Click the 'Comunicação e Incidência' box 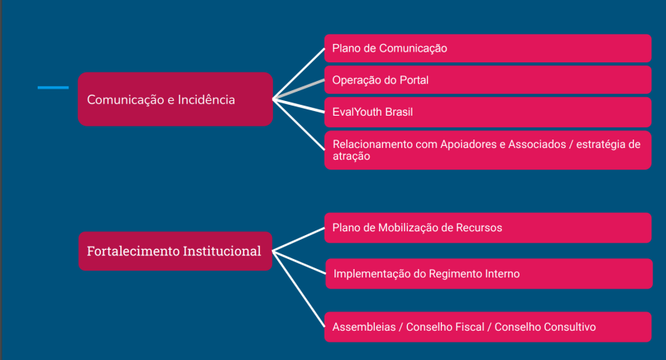[175, 99]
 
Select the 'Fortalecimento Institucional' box [175, 251]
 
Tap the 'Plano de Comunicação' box [488, 49]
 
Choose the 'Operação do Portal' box [488, 80]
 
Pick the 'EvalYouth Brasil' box [488, 112]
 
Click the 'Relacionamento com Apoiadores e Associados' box [488, 150]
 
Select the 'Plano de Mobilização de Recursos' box [488, 228]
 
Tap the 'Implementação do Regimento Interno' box [489, 274]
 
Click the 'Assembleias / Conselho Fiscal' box [488, 327]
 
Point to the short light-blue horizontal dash [53, 87]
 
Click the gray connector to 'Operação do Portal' [298, 89]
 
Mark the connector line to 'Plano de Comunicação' [298, 73]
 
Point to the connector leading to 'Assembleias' [298, 288]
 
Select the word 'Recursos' [479, 228]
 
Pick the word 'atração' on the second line [351, 156]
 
